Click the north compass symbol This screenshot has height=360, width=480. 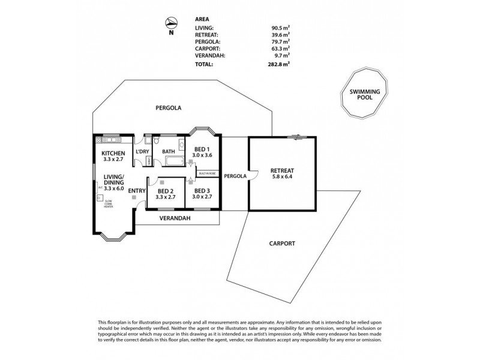pos(172,23)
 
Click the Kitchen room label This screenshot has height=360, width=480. pos(113,154)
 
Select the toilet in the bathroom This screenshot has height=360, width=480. pos(155,142)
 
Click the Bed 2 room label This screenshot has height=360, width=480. pos(166,190)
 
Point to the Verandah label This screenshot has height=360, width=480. pos(175,218)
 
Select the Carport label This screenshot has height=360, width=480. pos(282,244)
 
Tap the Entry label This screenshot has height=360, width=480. pos(137,191)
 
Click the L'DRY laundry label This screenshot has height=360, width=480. pos(142,152)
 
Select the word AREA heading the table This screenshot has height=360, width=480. pos(203,19)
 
